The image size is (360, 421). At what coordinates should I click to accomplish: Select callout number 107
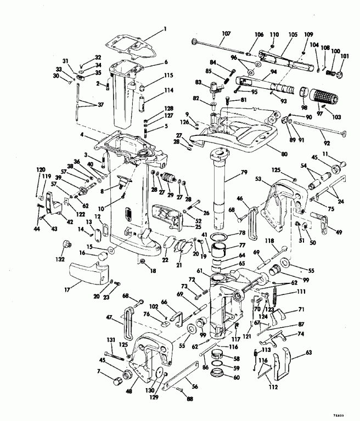pos(226,33)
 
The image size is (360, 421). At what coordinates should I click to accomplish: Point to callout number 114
pos(168,91)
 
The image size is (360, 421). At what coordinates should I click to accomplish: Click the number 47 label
pos(110,318)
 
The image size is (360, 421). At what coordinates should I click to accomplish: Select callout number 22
pos(165,260)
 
